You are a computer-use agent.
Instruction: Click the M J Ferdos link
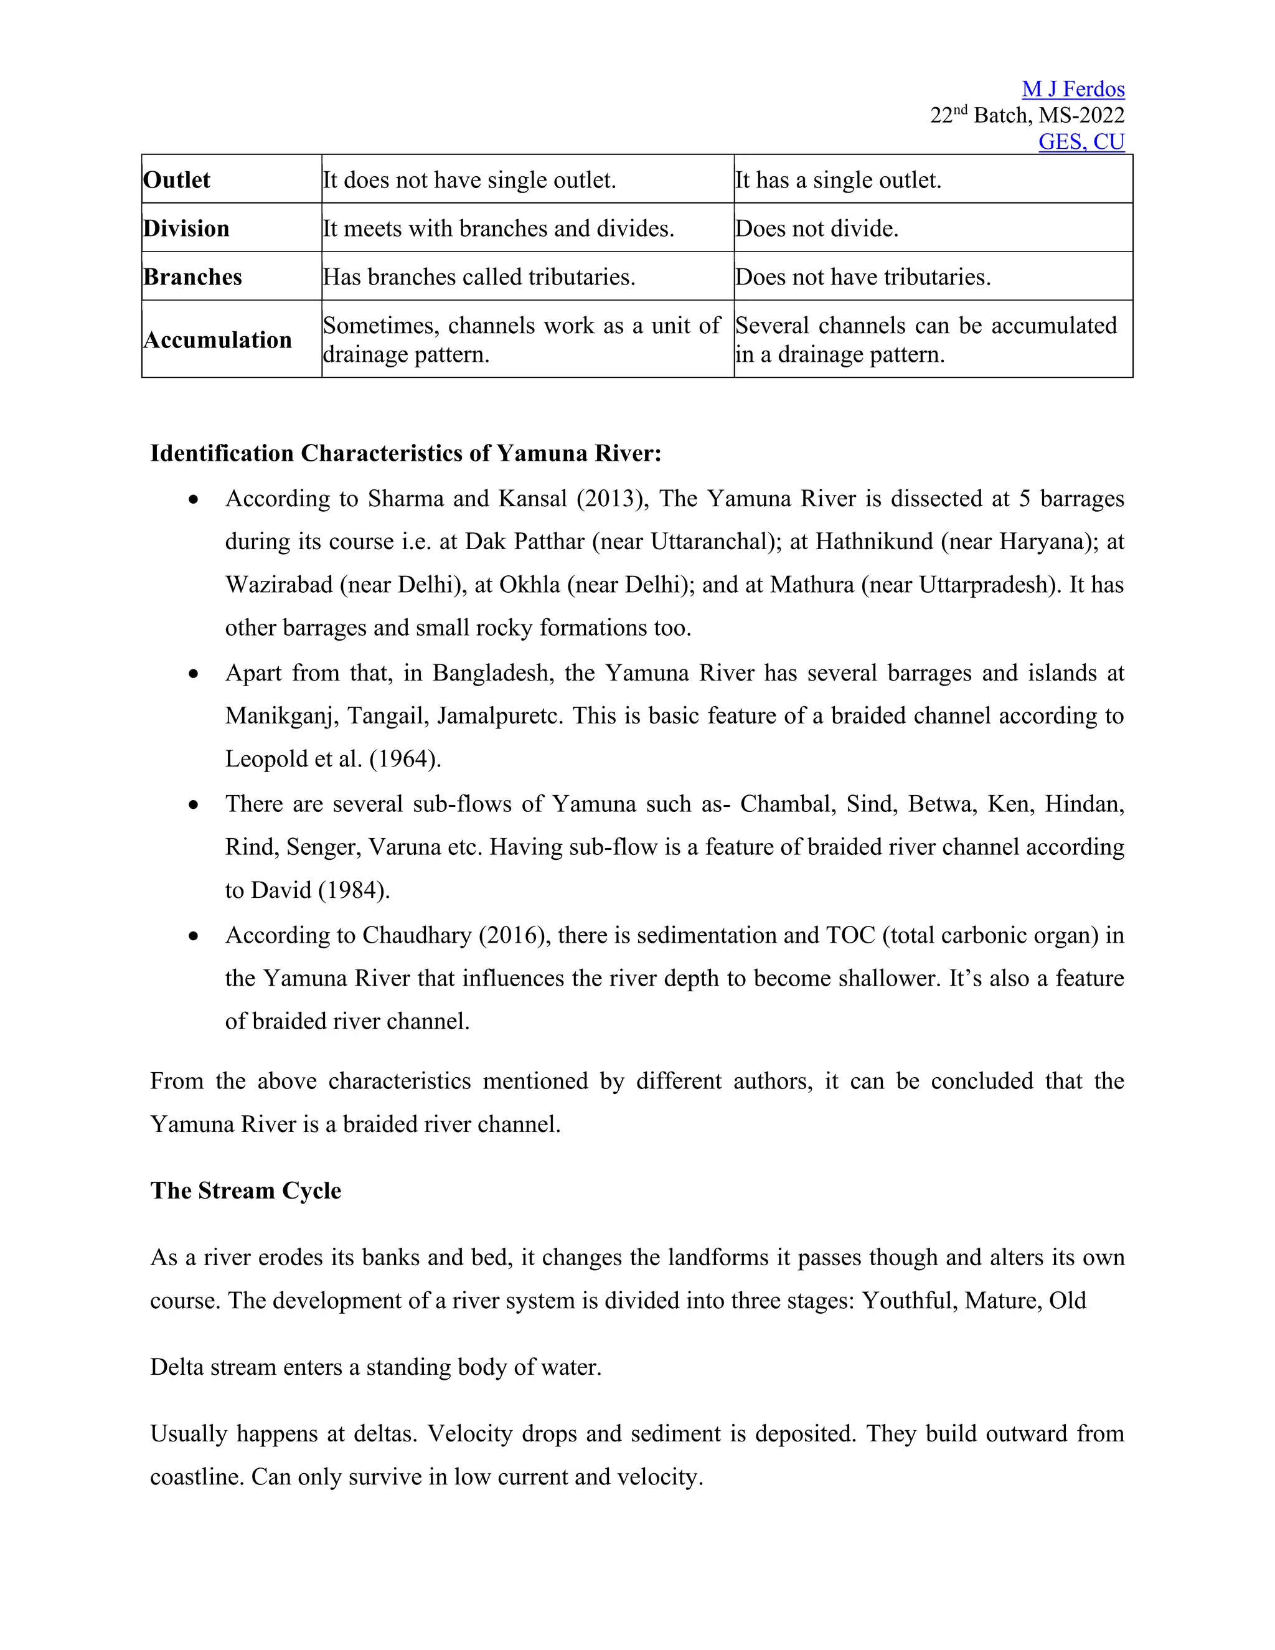1073,89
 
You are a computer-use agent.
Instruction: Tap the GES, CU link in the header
1081,141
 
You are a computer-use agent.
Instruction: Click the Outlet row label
177,180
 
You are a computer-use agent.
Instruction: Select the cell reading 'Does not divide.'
817,228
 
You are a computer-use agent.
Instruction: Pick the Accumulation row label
217,339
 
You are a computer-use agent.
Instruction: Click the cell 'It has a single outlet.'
839,180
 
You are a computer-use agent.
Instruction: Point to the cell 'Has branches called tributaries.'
479,276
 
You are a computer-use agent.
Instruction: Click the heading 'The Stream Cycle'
245,1190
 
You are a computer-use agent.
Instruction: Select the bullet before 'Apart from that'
194,673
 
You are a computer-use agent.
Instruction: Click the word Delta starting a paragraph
177,1367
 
